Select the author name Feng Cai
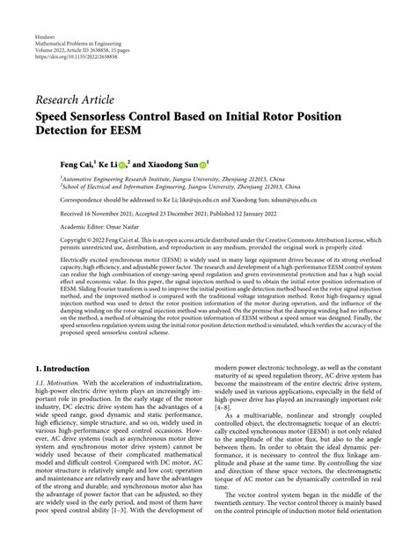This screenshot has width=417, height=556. [x=58, y=165]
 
